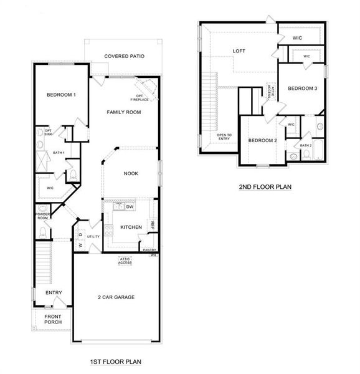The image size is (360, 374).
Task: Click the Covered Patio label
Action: (x=125, y=56)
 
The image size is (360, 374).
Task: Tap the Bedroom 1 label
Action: (x=61, y=95)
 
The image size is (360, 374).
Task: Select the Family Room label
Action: (x=123, y=112)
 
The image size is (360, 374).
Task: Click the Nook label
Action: (x=131, y=173)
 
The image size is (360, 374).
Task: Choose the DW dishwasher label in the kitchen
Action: (x=130, y=207)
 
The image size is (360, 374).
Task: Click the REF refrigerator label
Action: (x=152, y=224)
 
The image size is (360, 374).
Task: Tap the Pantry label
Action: (x=149, y=250)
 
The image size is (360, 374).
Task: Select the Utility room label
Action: (x=93, y=237)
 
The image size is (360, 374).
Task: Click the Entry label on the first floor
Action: (x=54, y=292)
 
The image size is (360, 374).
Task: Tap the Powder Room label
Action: (x=42, y=216)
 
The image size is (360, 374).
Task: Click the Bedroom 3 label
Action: (x=303, y=89)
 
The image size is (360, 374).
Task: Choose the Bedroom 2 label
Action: (x=262, y=140)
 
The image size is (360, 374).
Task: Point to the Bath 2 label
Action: (x=305, y=145)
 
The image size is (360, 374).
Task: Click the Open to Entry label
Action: (x=224, y=137)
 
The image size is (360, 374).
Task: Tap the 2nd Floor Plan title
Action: (x=265, y=186)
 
